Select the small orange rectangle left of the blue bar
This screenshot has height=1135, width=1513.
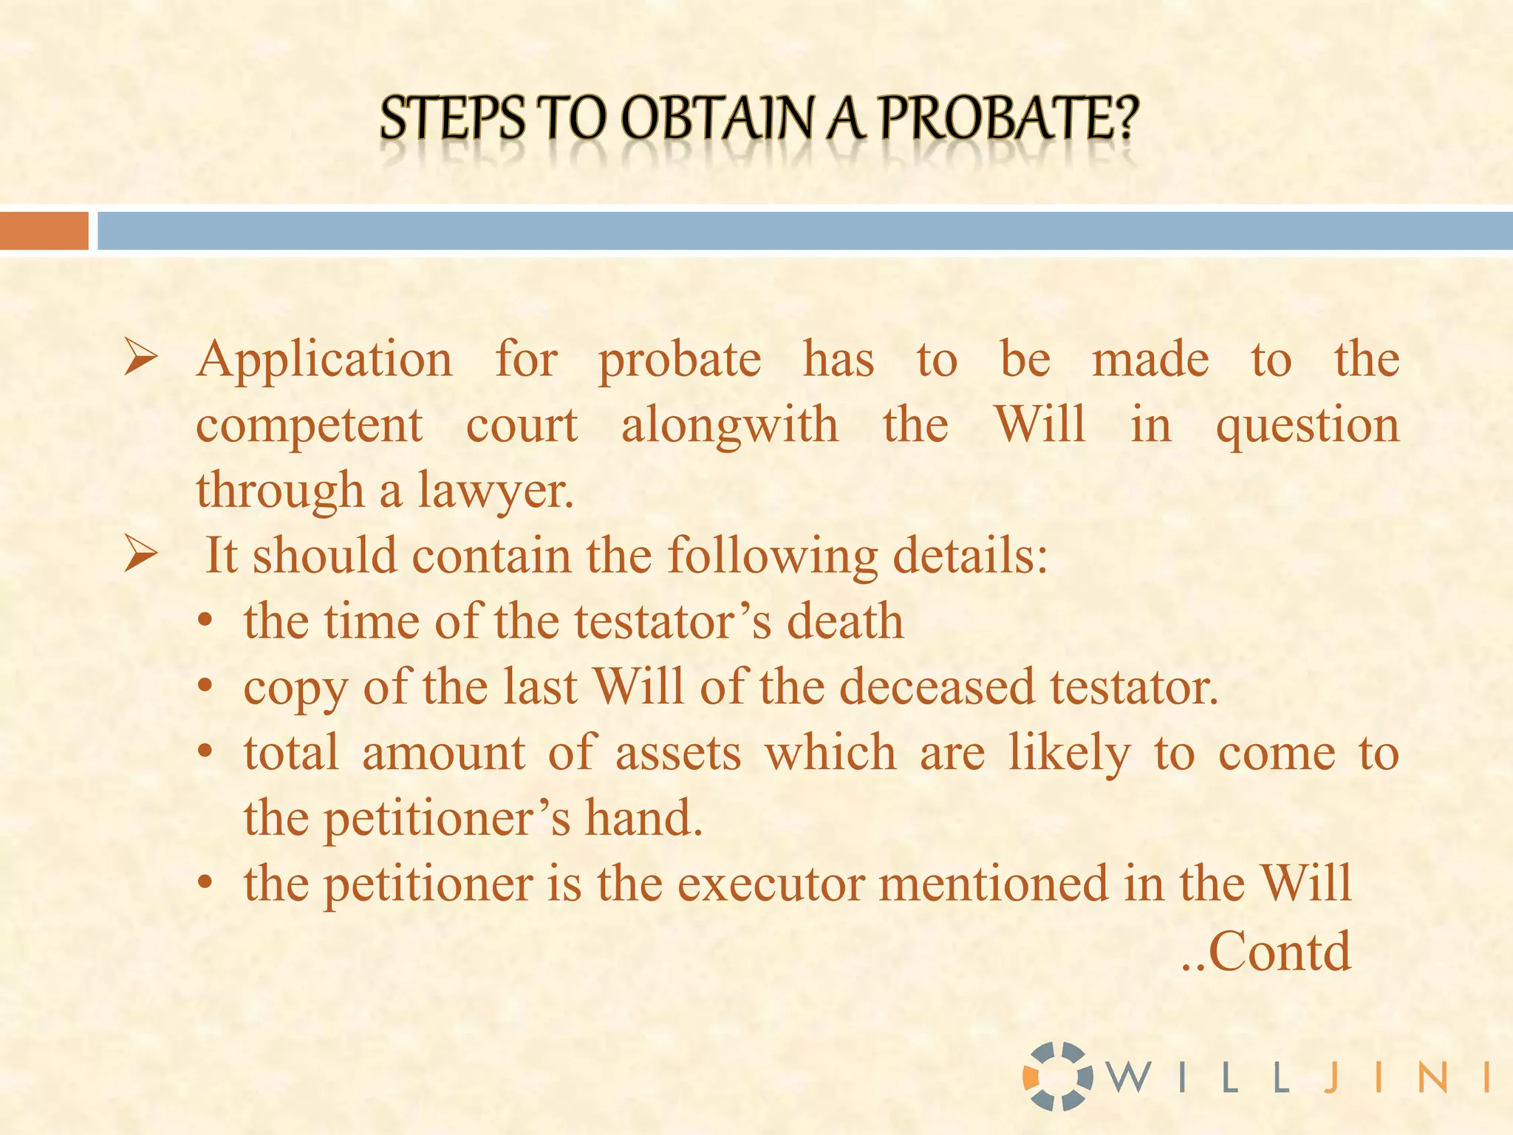(x=44, y=231)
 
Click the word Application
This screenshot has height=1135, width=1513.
(x=324, y=360)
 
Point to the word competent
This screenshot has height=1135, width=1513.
(x=309, y=426)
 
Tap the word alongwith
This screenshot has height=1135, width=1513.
(x=729, y=426)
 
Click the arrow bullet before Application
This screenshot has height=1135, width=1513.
(x=140, y=358)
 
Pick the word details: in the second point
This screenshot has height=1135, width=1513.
(x=970, y=556)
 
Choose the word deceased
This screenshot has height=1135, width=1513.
(x=936, y=686)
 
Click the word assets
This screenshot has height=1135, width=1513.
(x=677, y=753)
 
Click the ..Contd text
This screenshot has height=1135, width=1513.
(x=1266, y=952)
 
